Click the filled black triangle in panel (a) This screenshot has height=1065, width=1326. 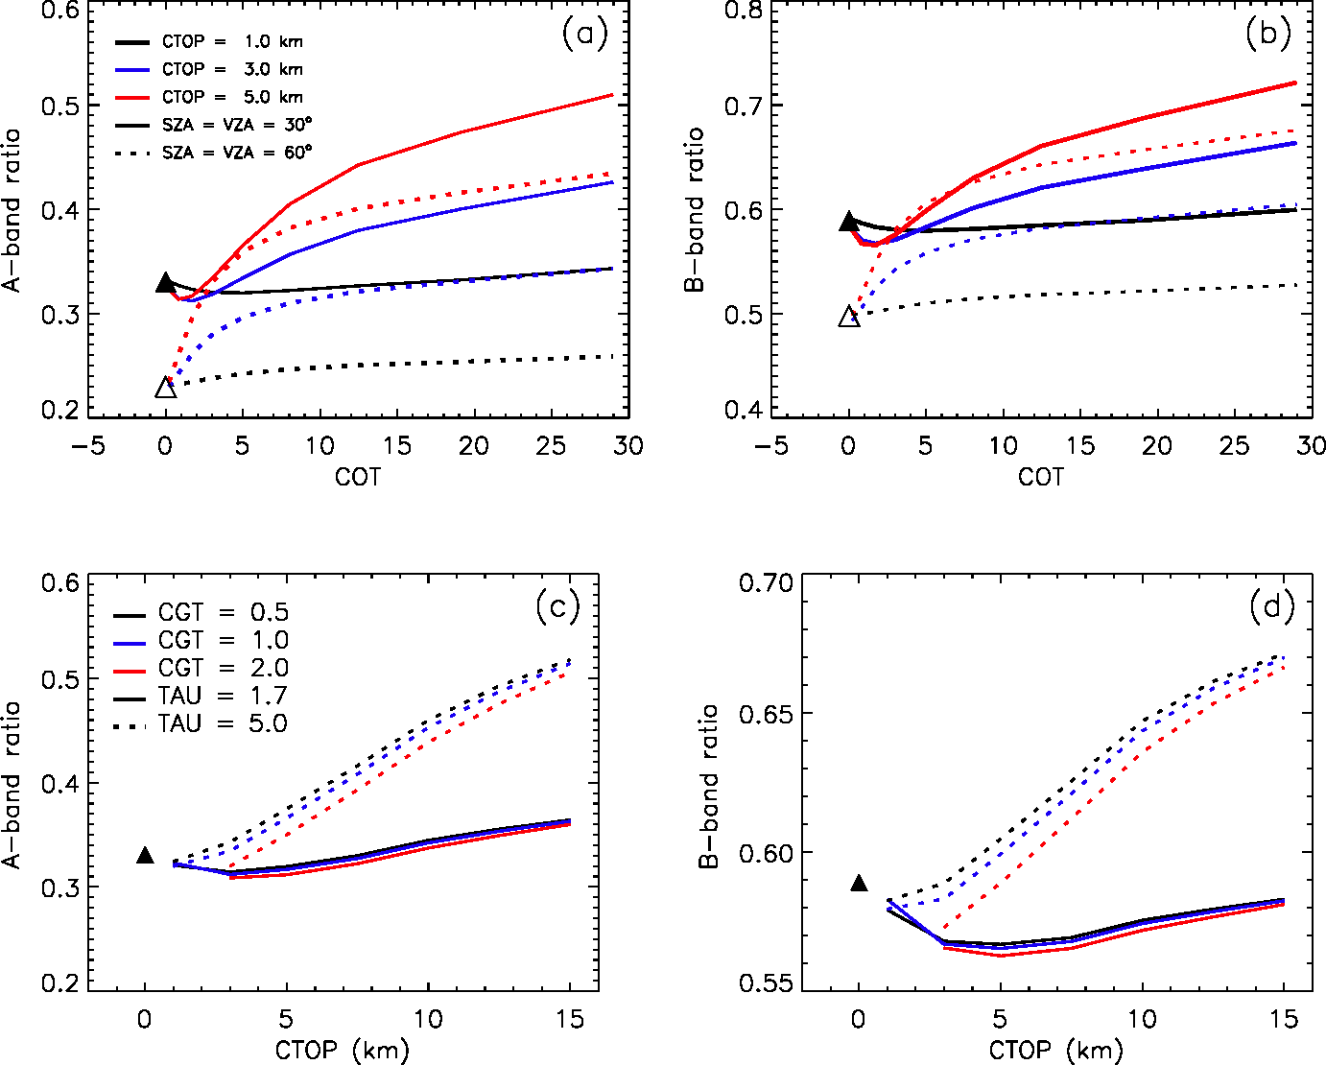click(x=166, y=283)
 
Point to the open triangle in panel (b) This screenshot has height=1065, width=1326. click(x=849, y=317)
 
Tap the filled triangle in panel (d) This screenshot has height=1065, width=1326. click(x=860, y=883)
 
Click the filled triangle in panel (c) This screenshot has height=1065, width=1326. click(x=145, y=855)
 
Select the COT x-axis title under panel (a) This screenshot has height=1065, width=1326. click(x=357, y=477)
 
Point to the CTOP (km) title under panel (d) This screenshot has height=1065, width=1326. click(x=1055, y=1051)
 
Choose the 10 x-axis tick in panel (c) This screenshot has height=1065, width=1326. click(x=428, y=1019)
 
